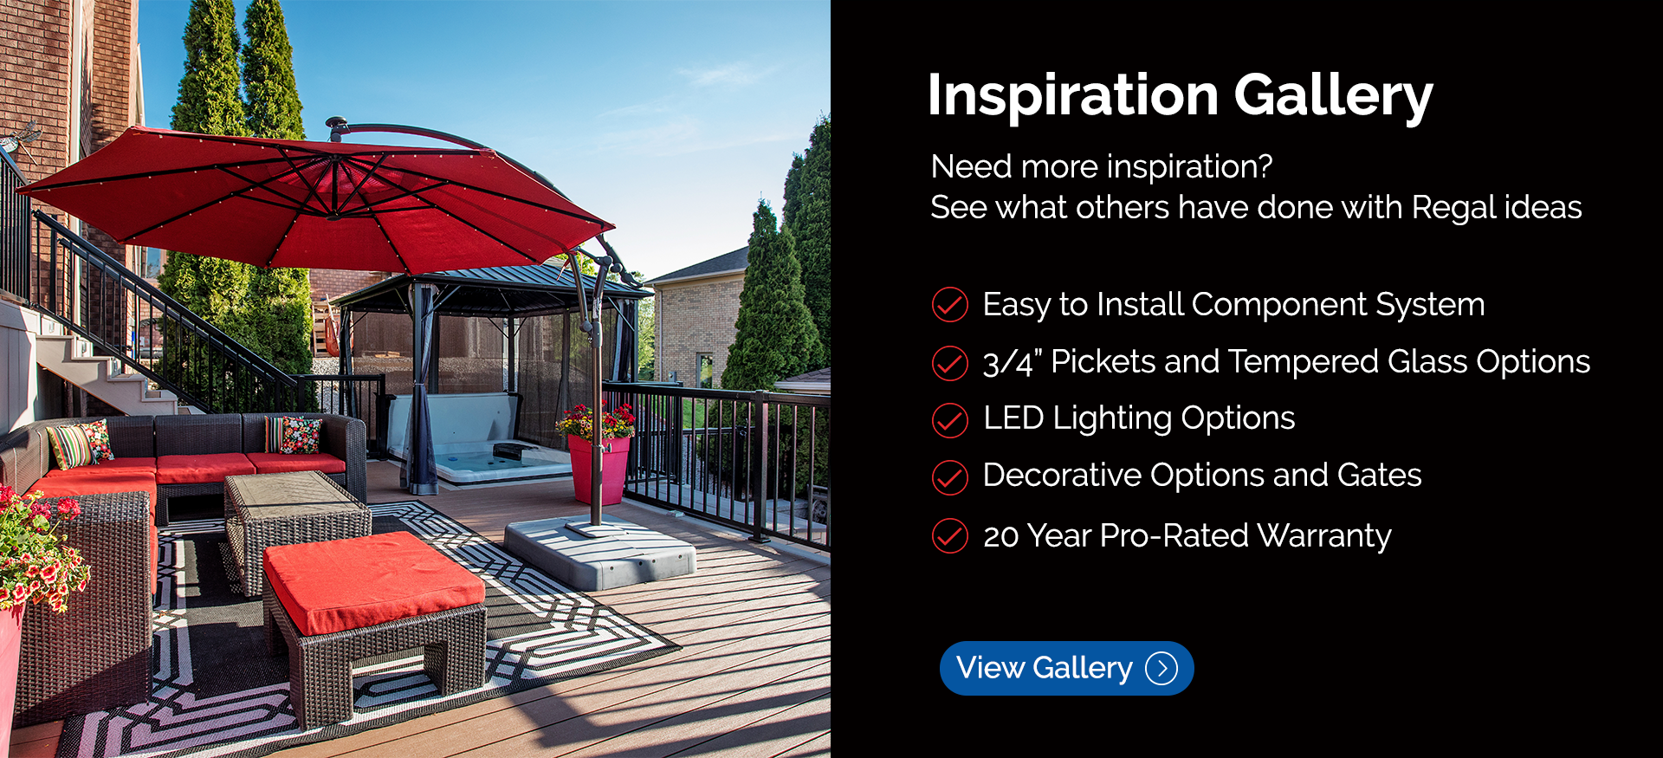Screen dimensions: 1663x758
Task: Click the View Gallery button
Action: pyautogui.click(x=1066, y=668)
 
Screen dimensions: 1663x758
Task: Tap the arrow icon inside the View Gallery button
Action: pyautogui.click(x=1162, y=668)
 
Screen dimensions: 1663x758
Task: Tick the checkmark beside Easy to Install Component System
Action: pyautogui.click(x=949, y=305)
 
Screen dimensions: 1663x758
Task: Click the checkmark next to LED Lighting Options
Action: pyautogui.click(x=949, y=420)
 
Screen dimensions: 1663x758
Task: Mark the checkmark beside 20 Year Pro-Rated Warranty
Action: pyautogui.click(x=949, y=535)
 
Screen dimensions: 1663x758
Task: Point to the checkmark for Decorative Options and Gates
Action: pyautogui.click(x=949, y=477)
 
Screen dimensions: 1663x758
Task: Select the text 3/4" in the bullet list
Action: pyautogui.click(x=1013, y=362)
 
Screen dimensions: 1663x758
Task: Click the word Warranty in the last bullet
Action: pyautogui.click(x=1324, y=536)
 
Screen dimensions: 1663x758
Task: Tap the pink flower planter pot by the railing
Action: pyautogui.click(x=599, y=469)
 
